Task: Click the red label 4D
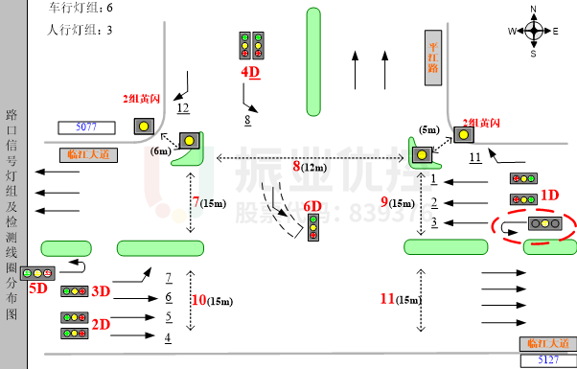(x=250, y=72)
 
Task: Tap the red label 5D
(x=37, y=288)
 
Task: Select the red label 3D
(x=101, y=291)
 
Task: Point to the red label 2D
(x=101, y=324)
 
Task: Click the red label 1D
(x=549, y=196)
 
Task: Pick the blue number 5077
(x=86, y=127)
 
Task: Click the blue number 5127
(x=548, y=359)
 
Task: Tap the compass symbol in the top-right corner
(x=534, y=31)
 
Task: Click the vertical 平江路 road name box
(x=433, y=58)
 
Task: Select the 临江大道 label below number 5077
(x=88, y=154)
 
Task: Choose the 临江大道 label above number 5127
(x=548, y=343)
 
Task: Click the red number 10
(x=198, y=300)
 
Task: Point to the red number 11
(x=387, y=298)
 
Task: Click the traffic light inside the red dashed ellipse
(x=544, y=223)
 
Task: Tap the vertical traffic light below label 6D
(x=313, y=227)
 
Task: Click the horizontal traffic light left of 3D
(x=74, y=291)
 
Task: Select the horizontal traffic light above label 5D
(x=37, y=273)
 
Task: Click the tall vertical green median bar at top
(x=313, y=61)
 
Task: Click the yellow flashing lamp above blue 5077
(x=144, y=126)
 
